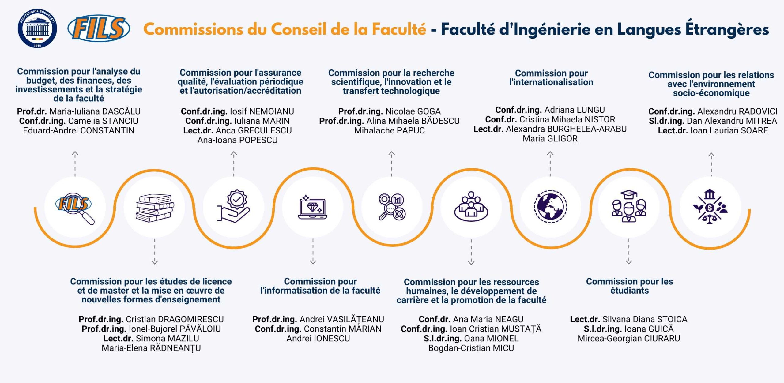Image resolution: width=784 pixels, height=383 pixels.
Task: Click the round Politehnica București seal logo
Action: [x=37, y=28]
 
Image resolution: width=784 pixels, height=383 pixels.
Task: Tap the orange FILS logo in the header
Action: [x=99, y=28]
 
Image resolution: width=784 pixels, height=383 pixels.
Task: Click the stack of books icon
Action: [x=155, y=208]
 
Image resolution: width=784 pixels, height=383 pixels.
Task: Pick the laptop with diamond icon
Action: [x=313, y=207]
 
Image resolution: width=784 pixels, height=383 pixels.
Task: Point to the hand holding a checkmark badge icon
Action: [x=233, y=206]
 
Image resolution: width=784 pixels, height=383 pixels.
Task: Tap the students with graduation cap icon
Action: [x=629, y=206]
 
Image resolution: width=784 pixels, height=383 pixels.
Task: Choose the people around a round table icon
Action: [x=471, y=206]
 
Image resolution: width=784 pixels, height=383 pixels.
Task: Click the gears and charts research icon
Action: [x=392, y=207]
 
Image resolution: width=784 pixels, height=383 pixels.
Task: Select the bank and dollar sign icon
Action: [x=710, y=207]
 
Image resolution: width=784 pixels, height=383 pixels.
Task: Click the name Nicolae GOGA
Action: [x=413, y=111]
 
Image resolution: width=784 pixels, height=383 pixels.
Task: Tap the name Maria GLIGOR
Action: [x=550, y=139]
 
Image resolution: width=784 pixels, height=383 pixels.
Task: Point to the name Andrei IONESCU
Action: [x=318, y=338]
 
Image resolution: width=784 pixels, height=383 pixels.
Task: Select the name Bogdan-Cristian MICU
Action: [x=471, y=348]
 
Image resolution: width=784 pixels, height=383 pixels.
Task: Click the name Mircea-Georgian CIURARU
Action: [x=629, y=338]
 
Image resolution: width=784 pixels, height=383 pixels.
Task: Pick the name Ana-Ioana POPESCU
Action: [x=237, y=140]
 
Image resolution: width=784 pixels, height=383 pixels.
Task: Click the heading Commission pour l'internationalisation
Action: [x=551, y=78]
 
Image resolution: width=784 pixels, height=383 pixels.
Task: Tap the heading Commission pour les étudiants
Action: [x=629, y=286]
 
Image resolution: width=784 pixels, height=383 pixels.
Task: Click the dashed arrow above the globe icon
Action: [x=550, y=164]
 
